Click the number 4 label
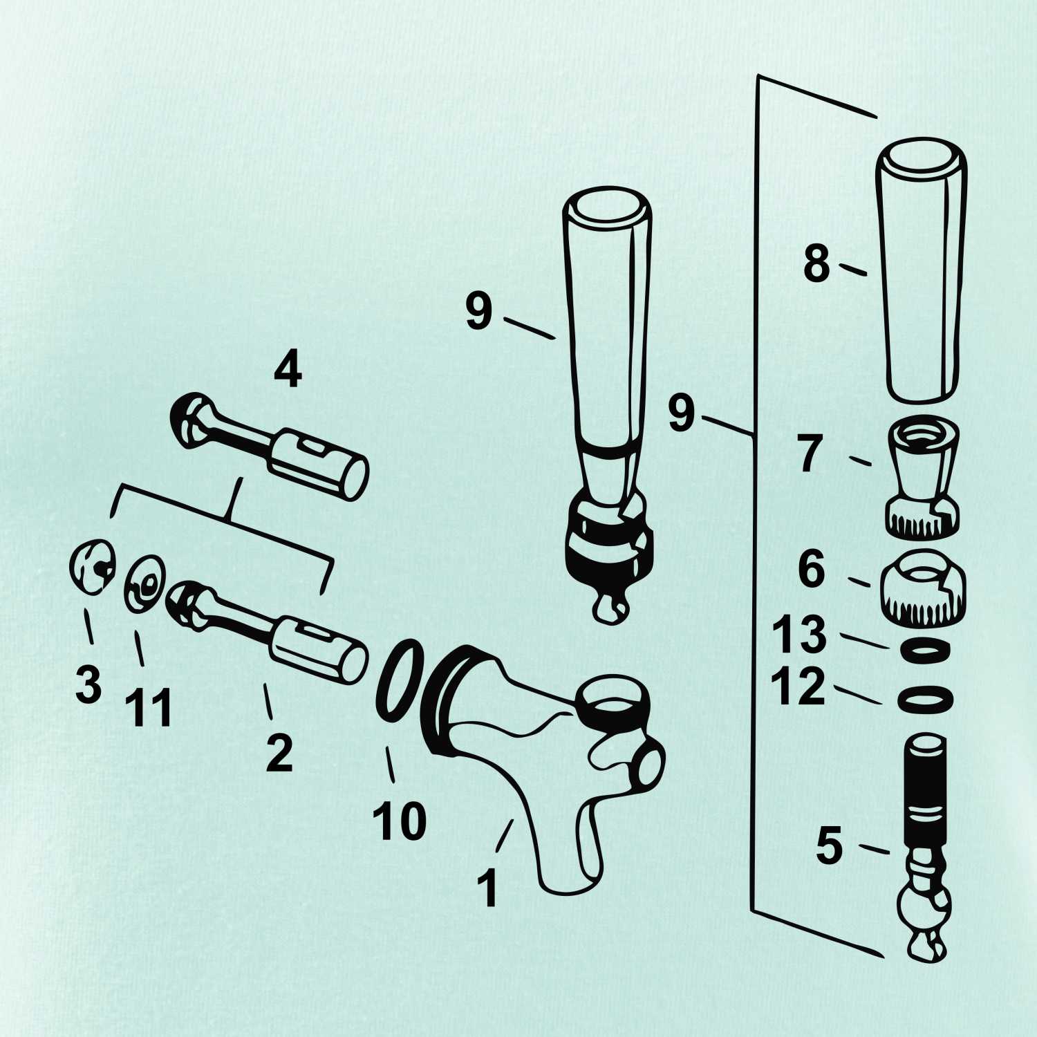click(288, 370)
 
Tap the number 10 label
click(400, 821)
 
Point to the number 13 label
click(800, 634)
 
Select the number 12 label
click(798, 686)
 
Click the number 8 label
click(816, 264)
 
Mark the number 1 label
click(488, 888)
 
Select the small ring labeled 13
click(925, 650)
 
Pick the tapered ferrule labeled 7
click(923, 477)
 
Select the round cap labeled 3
click(91, 566)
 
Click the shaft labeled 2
click(267, 631)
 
